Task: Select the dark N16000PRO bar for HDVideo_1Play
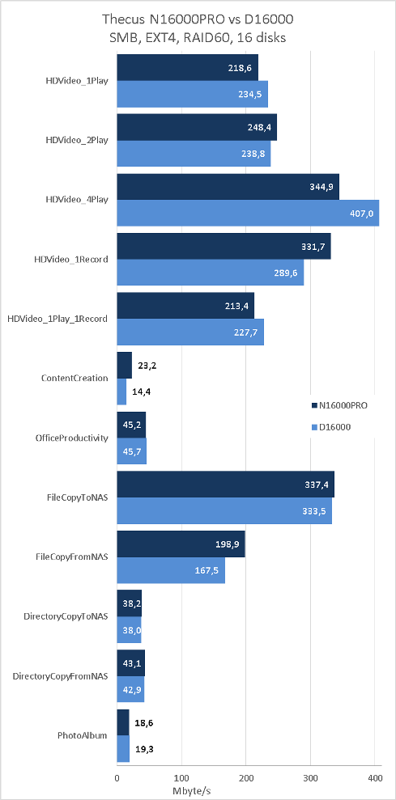point(188,68)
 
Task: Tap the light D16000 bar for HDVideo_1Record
point(211,273)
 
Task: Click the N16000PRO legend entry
point(339,405)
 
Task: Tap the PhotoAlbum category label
point(83,735)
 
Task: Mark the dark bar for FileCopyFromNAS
point(181,544)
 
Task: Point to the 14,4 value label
point(142,392)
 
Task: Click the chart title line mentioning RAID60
point(198,36)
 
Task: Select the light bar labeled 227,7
point(190,332)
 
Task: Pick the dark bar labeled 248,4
point(197,127)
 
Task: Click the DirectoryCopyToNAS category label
point(66,616)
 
